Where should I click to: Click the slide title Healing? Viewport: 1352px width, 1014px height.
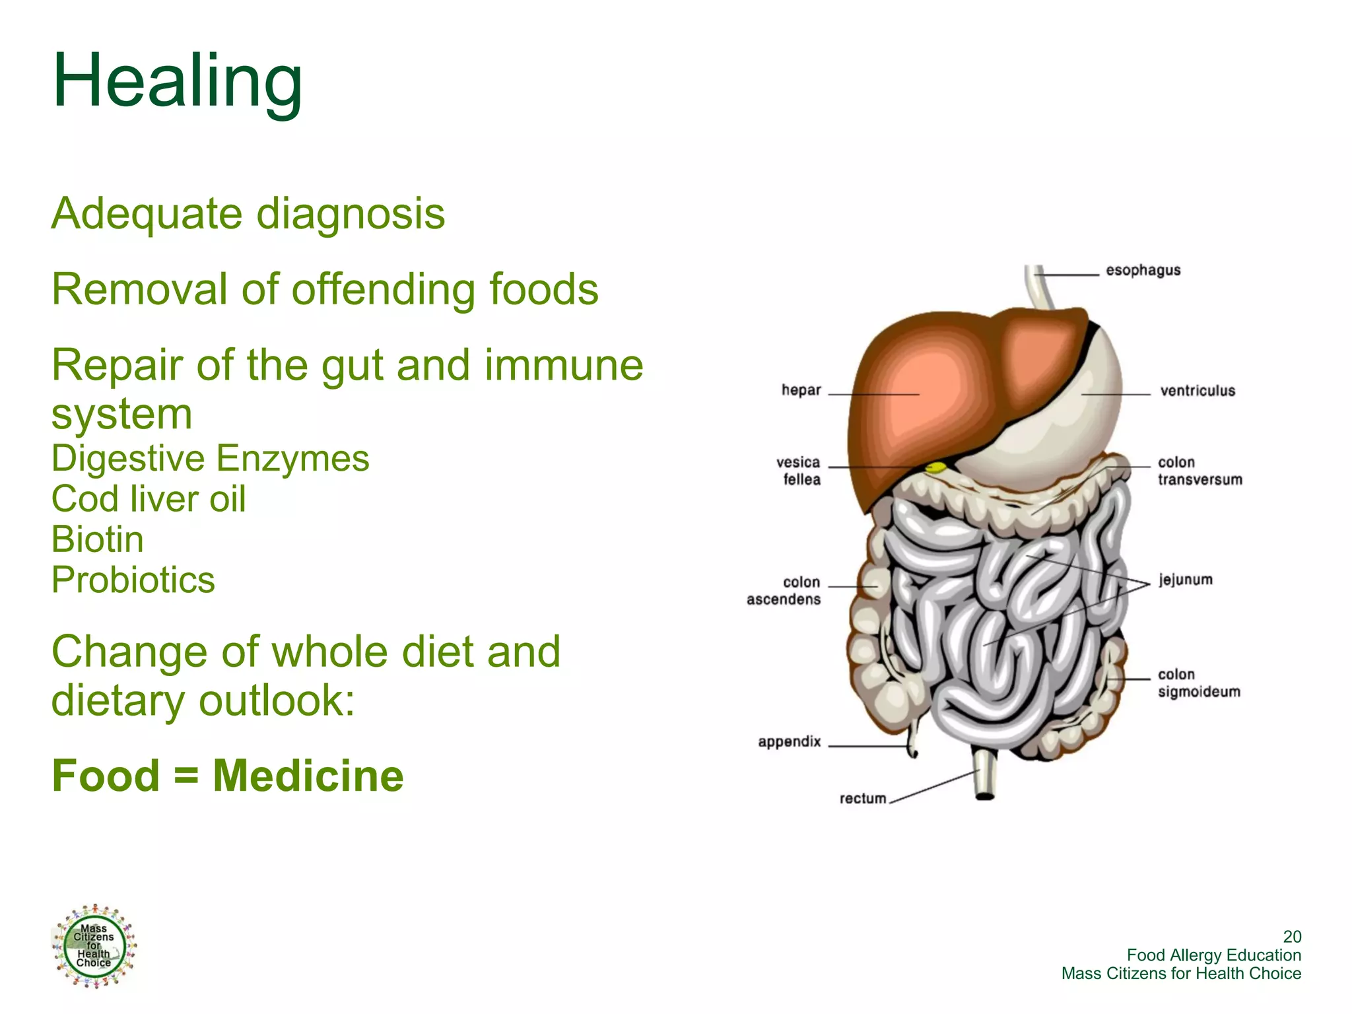pos(177,81)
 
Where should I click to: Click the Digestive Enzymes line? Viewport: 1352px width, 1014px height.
pos(210,458)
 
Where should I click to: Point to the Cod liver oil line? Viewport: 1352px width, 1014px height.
pos(149,498)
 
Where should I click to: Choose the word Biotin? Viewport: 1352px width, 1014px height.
pos(98,539)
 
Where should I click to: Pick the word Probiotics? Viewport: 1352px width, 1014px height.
pos(133,580)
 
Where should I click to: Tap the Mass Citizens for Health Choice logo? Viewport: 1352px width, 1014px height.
pos(94,945)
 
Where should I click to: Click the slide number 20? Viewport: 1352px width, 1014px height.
pos(1292,936)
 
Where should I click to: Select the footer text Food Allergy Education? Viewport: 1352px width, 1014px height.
pos(1213,955)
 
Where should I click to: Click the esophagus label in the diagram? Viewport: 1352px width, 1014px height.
pos(1143,270)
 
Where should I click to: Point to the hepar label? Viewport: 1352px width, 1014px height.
pos(801,390)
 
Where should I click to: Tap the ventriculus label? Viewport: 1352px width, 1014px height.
pos(1197,391)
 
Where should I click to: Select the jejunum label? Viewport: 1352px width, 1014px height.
pos(1186,580)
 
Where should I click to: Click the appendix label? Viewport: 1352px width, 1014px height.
pos(789,741)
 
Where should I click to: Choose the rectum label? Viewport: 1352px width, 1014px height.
pos(862,798)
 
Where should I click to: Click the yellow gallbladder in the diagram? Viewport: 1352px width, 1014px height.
pos(935,468)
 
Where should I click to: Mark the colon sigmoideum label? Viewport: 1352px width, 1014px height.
pos(1199,683)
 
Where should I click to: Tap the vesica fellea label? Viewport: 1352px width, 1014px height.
pos(798,470)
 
